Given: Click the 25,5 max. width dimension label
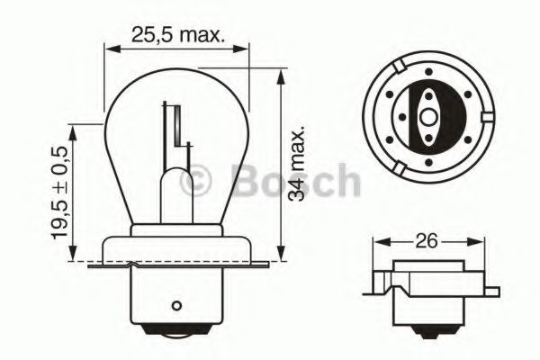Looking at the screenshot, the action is point(177,34).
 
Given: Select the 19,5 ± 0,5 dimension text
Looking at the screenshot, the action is point(59,193).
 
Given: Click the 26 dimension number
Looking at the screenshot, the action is point(427,241).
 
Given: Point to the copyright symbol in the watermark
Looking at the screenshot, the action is point(195,179).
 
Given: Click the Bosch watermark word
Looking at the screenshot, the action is point(295,179).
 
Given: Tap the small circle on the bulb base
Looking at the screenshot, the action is point(176,305).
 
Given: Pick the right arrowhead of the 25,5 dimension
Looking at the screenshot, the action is point(240,49).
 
